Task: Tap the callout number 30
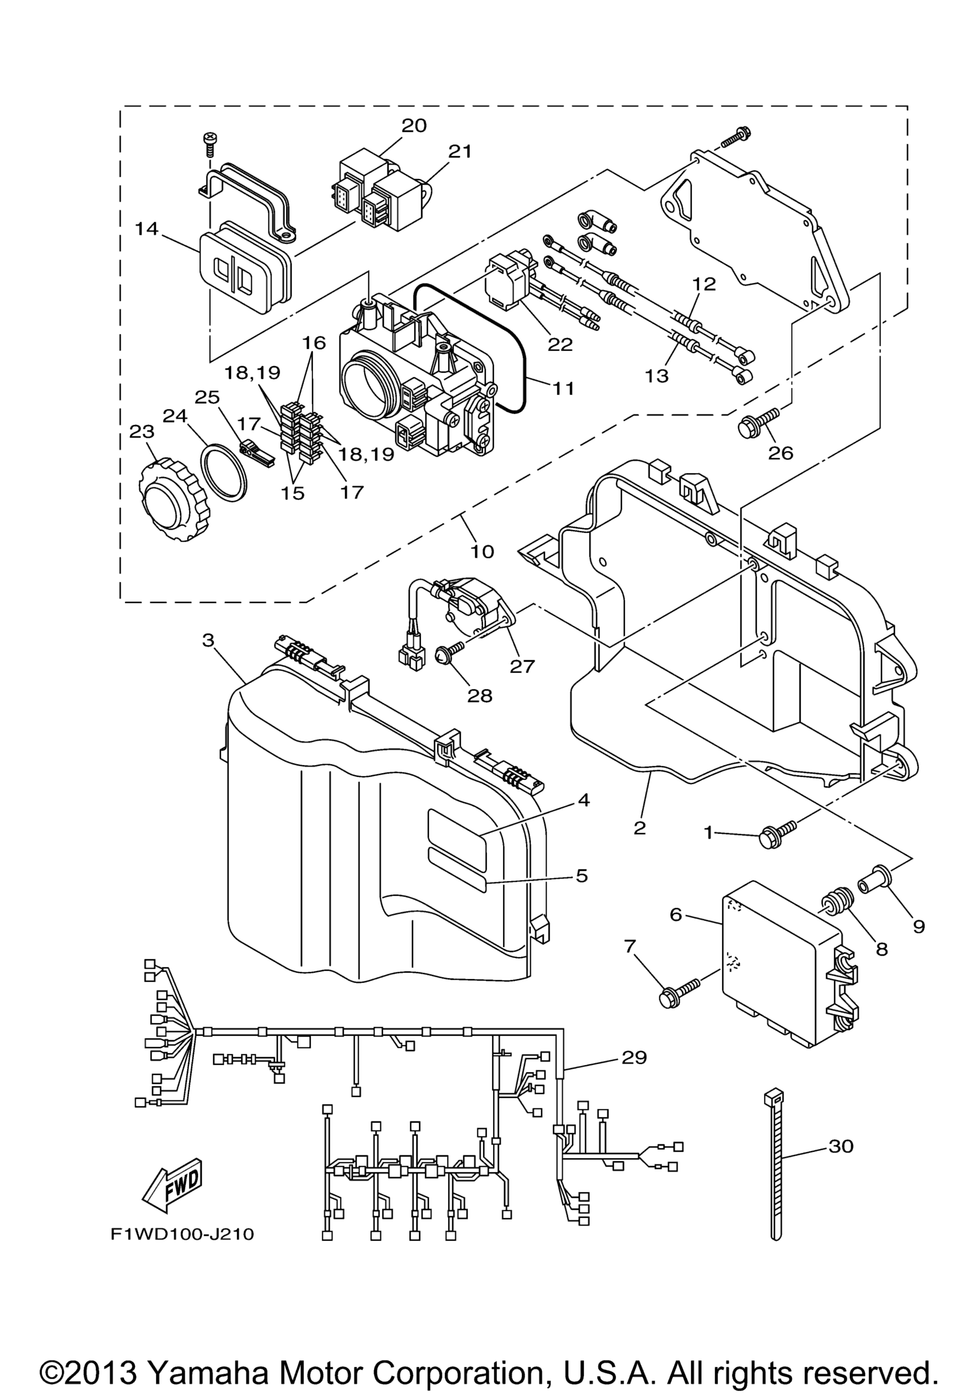click(841, 1146)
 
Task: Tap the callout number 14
click(147, 229)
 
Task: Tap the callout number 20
click(414, 126)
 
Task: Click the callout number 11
click(563, 388)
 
